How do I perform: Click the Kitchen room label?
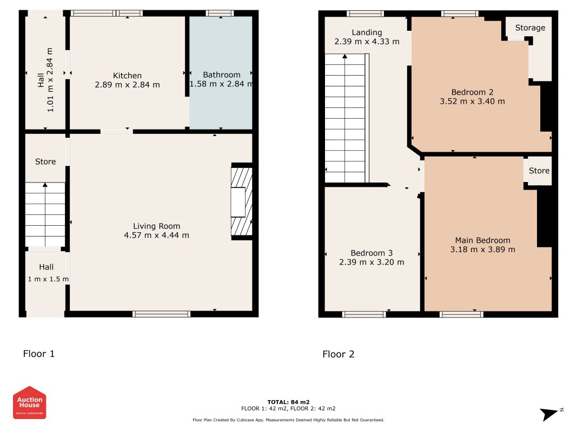pos(127,76)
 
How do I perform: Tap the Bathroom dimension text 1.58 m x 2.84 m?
pos(221,84)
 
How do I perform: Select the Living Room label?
pos(157,226)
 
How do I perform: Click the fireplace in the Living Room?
pos(242,201)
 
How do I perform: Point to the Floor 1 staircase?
pos(45,214)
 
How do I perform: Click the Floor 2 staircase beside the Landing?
pos(347,118)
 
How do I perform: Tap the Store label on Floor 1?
pos(45,161)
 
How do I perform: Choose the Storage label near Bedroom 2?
pos(530,28)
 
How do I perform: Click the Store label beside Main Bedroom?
pos(539,171)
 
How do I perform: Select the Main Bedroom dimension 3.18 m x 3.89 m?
pos(483,249)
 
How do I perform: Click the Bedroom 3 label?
pos(372,253)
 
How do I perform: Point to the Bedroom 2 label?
pos(473,92)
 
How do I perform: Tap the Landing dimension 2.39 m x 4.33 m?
pos(367,42)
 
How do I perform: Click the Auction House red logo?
pos(29,403)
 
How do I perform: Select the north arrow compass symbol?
pos(551,414)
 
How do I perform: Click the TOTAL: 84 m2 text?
pos(289,402)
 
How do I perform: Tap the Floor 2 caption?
pos(339,354)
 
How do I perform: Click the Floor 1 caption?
pos(38,354)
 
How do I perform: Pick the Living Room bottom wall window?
pos(162,314)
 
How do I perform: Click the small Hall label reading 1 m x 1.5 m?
pos(48,279)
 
